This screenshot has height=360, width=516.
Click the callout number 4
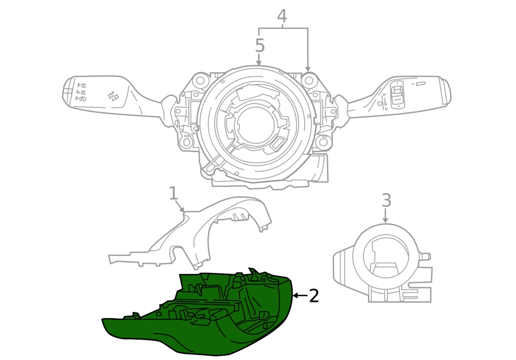point(282,16)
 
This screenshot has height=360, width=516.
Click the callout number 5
point(260,45)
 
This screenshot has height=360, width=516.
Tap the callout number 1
point(173,193)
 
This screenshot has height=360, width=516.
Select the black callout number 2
point(314,296)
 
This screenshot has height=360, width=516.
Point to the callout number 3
point(386,200)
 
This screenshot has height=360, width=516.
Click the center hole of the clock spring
point(255,124)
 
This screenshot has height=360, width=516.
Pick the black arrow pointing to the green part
point(300,296)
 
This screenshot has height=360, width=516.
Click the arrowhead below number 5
point(259,63)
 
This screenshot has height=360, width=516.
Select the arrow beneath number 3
point(385,215)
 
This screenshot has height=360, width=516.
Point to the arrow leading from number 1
point(180,206)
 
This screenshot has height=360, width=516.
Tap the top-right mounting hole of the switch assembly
point(309,79)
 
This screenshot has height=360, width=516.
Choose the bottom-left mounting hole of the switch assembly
point(187,142)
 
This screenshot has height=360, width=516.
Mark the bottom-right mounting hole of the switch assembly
point(324,142)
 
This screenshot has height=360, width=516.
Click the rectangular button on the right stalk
point(397,93)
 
